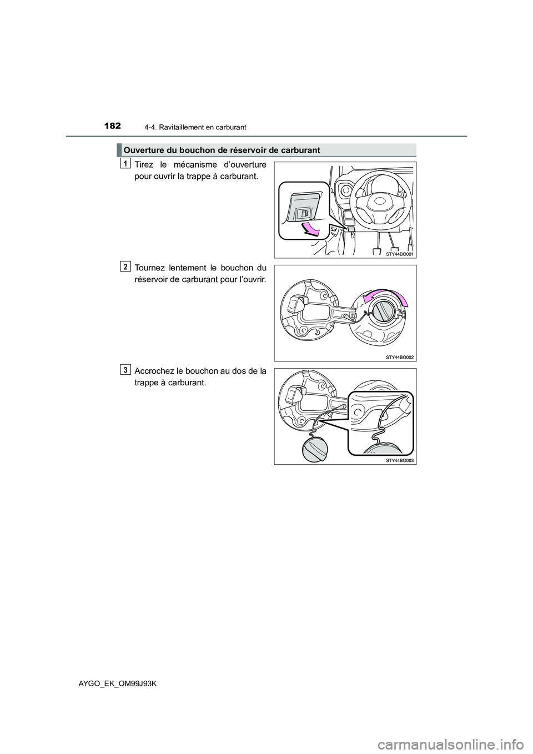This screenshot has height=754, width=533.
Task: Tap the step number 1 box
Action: pyautogui.click(x=125, y=163)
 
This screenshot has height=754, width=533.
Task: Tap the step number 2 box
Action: pyautogui.click(x=125, y=267)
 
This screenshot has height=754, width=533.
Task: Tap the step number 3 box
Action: pyautogui.click(x=125, y=369)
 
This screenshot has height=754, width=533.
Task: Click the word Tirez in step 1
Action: pyautogui.click(x=146, y=165)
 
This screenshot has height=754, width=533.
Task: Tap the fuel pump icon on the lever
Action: pyautogui.click(x=304, y=214)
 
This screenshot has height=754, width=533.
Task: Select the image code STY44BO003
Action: pyautogui.click(x=400, y=460)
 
